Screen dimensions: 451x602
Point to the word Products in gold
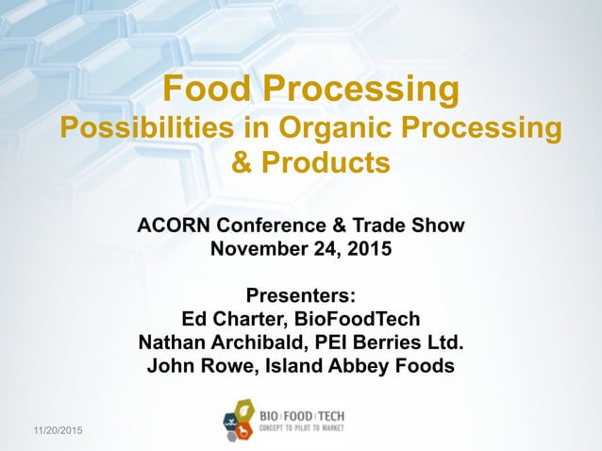[x=323, y=163]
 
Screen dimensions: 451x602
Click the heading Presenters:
[x=301, y=294]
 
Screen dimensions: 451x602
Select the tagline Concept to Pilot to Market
[x=302, y=427]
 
